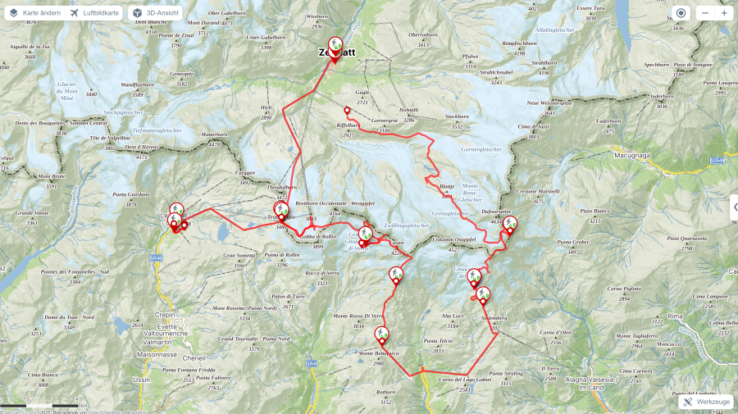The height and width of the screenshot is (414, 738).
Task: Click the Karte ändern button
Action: (x=34, y=13)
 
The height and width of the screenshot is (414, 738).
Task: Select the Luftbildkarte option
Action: (x=94, y=13)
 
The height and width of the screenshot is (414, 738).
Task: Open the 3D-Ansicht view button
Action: (x=155, y=13)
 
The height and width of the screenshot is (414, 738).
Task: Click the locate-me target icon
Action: (x=681, y=13)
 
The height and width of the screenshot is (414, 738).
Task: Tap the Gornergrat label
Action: (x=384, y=121)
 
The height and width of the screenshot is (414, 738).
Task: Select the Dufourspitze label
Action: (x=497, y=211)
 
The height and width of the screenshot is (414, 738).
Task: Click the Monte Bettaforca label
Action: (x=378, y=353)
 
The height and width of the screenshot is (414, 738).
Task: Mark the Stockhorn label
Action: (x=457, y=116)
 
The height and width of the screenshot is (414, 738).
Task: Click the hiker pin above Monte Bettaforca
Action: (x=381, y=334)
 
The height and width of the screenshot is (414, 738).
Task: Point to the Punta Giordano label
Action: (x=131, y=194)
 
